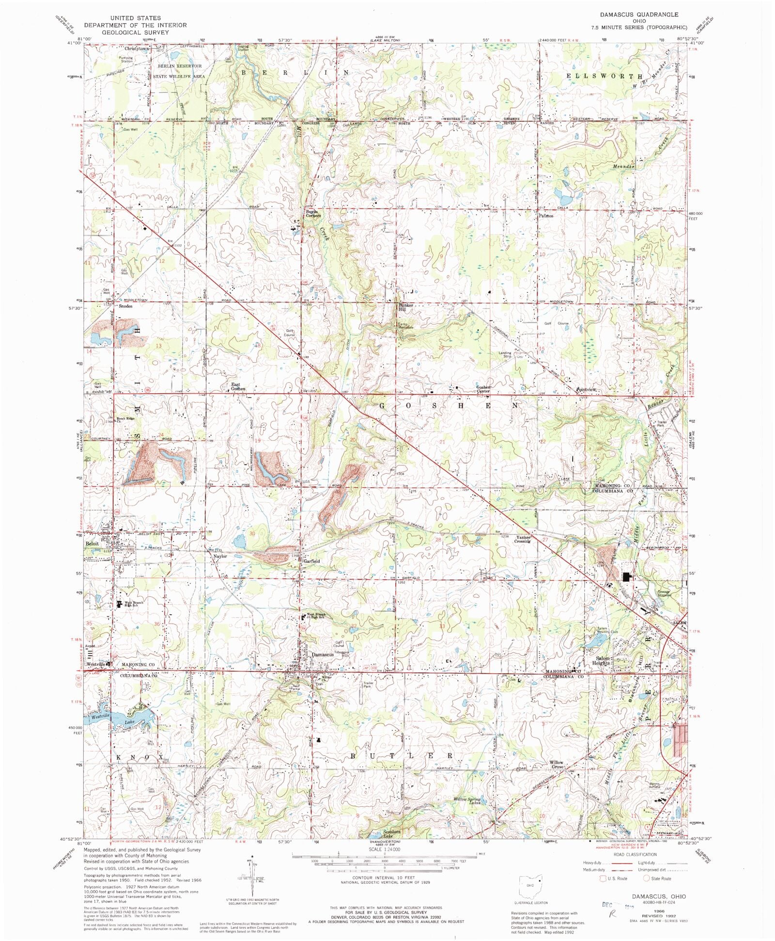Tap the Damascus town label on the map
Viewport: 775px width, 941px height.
coord(323,654)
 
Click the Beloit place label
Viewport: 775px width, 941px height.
coord(93,543)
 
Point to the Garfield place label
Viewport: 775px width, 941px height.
coord(311,561)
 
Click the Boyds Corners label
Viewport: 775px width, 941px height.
coord(313,213)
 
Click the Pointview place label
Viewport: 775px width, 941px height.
coord(586,389)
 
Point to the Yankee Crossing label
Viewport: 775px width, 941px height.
coord(523,539)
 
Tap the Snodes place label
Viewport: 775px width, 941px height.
coord(124,306)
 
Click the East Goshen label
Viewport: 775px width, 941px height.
coord(237,386)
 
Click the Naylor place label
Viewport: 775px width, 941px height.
coord(220,556)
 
